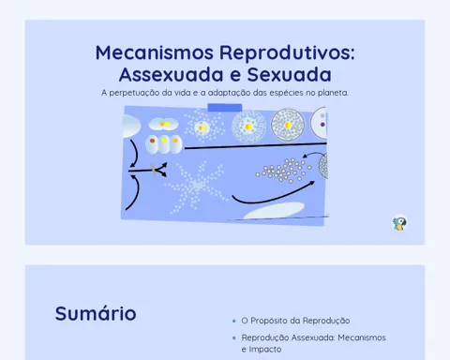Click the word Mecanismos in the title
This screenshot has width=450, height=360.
point(155,52)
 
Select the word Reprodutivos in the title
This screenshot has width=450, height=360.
point(287,52)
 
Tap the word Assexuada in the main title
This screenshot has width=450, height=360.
point(172,74)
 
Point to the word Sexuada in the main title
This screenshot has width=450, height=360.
point(290,74)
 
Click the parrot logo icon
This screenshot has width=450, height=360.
point(399,223)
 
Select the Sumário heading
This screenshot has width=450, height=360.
point(96,313)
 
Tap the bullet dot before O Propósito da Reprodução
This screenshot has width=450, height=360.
point(234,321)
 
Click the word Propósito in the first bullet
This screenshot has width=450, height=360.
point(269,321)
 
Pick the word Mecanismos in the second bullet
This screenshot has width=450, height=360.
point(362,337)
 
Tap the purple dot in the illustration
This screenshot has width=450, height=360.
point(322,125)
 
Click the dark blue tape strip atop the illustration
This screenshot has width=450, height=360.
point(225,108)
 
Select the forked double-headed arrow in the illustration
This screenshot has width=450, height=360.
point(147,171)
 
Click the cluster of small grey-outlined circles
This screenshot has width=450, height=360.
point(284,170)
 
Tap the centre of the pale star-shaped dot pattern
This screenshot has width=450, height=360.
point(197,185)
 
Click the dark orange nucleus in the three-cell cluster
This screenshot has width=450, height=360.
point(152,141)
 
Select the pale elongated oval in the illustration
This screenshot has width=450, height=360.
point(274,210)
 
